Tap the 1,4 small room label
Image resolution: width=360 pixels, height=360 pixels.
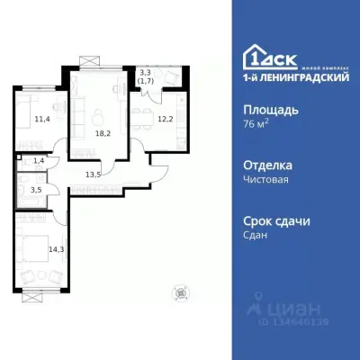[x=37, y=160]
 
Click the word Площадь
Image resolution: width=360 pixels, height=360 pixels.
[x=273, y=110]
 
